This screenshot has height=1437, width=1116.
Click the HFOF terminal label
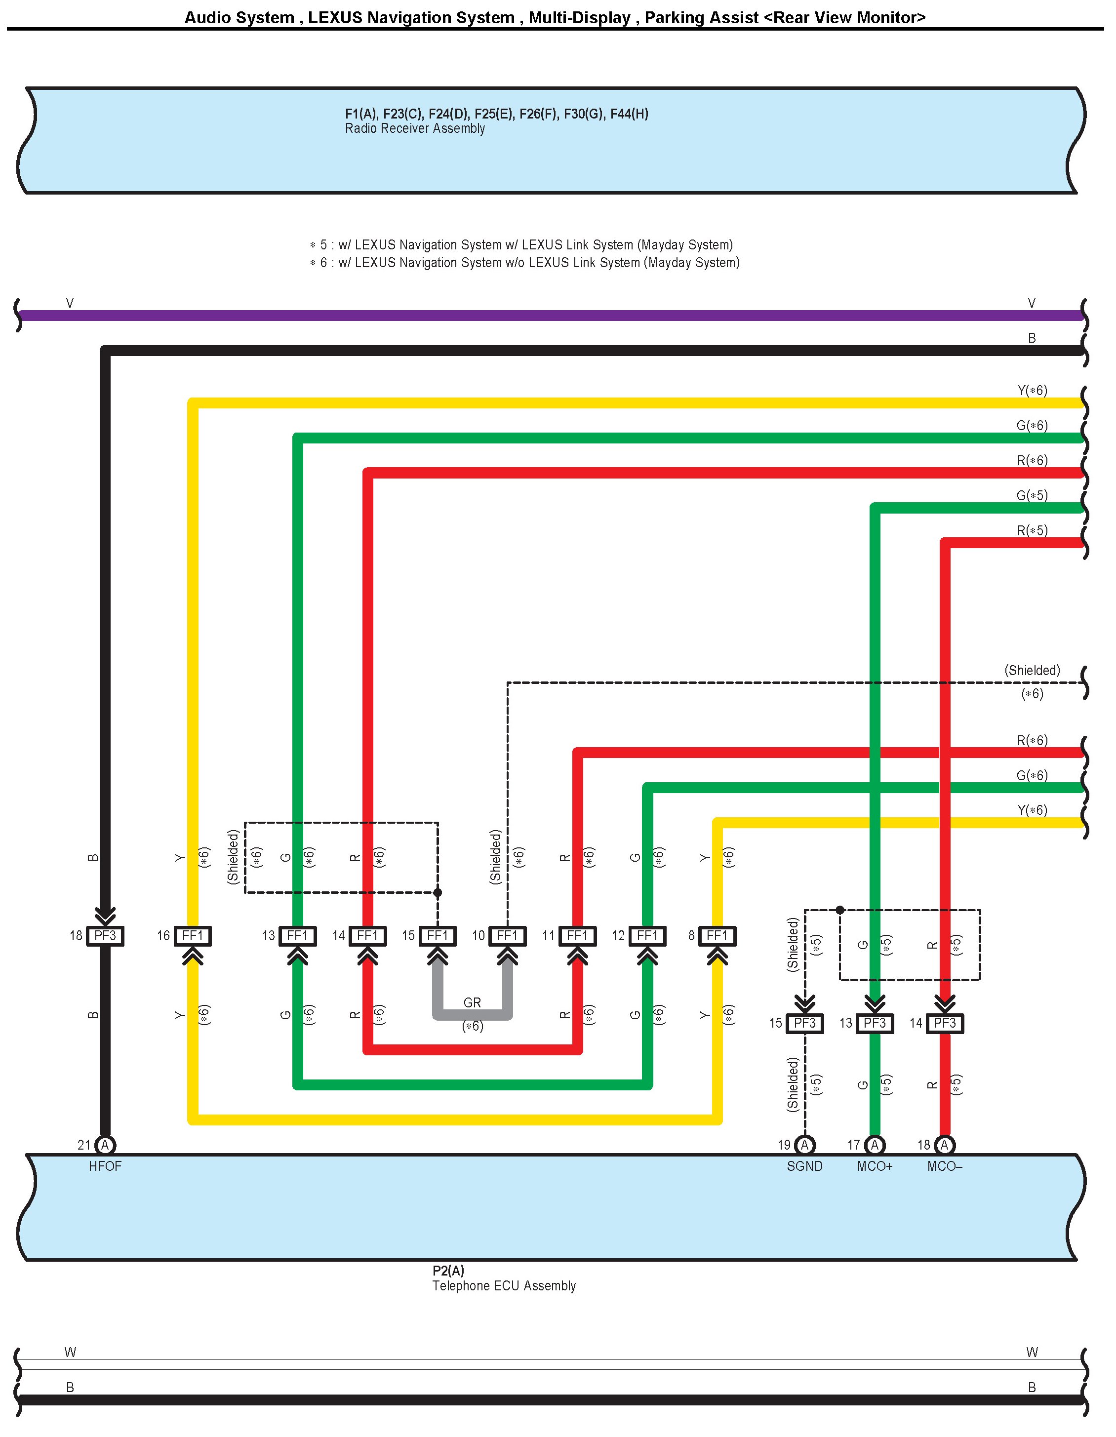point(105,1166)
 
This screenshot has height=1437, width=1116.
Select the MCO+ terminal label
point(875,1166)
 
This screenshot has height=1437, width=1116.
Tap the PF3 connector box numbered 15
point(805,1023)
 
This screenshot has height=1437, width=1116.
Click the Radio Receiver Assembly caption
point(415,129)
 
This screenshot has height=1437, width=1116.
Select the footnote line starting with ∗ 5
point(521,245)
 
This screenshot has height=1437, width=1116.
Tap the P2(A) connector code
point(448,1271)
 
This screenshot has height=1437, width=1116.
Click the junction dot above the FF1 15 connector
point(438,893)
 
